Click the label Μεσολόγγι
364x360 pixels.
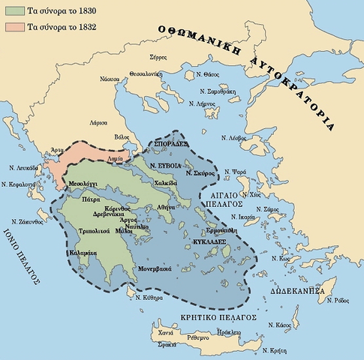(x=85, y=182)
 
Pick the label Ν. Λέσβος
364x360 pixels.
(x=234, y=139)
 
